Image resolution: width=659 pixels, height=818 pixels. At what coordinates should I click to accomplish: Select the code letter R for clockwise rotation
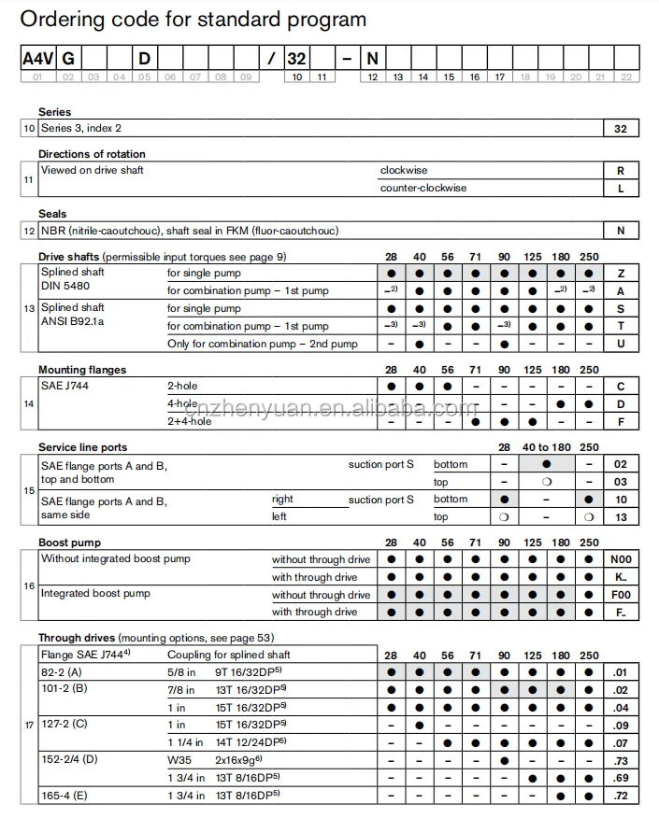point(622,171)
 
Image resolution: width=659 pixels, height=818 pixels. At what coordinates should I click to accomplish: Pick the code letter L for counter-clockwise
point(622,189)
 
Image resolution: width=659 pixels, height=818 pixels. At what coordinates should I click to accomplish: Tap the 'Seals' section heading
point(52,214)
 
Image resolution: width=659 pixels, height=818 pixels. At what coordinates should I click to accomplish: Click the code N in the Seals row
point(622,231)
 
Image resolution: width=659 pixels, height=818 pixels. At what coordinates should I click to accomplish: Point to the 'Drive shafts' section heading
point(69,256)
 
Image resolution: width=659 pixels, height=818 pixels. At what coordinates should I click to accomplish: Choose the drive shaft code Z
point(622,274)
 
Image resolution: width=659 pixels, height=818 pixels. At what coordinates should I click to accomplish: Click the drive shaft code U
point(622,344)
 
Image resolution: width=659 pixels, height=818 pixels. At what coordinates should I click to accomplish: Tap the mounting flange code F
point(622,421)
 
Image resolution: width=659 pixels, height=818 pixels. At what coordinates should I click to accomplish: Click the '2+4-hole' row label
point(189,421)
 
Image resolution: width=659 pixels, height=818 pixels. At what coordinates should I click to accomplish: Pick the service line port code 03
point(622,482)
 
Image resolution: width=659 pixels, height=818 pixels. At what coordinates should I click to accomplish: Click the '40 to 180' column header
point(547,447)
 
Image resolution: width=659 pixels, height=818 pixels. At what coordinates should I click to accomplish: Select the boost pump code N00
point(622,559)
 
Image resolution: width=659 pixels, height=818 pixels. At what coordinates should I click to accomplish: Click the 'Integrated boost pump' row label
point(95,594)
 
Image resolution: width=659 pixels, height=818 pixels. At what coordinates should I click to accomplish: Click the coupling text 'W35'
point(178,759)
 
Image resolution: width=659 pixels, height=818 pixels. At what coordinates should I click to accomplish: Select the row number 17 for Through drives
point(29,725)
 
